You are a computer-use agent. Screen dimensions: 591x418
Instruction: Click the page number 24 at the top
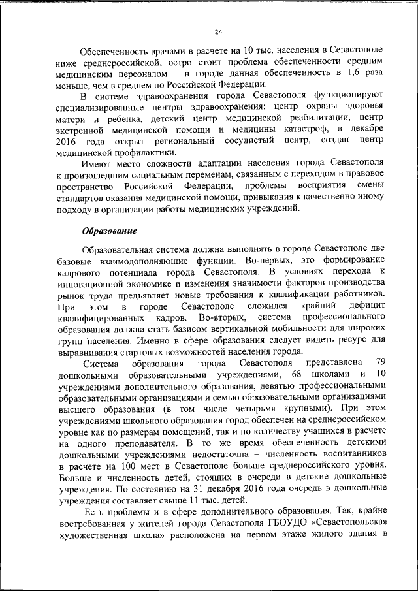pyautogui.click(x=218, y=31)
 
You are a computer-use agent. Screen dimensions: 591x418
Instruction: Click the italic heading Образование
pyautogui.click(x=109, y=230)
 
